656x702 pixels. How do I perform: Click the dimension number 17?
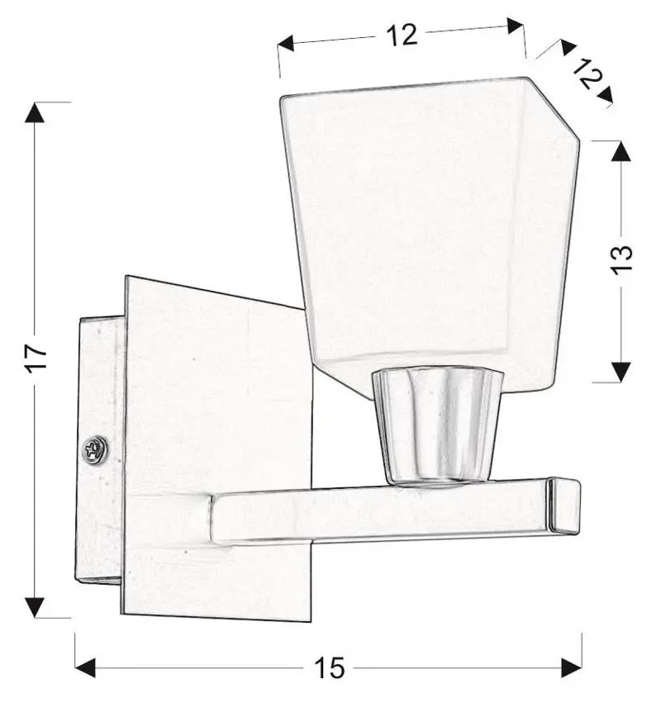click(36, 358)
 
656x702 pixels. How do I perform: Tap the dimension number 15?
click(330, 668)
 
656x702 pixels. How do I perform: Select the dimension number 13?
click(621, 259)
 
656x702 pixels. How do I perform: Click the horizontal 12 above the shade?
click(402, 35)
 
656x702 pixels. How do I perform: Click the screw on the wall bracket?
click(95, 448)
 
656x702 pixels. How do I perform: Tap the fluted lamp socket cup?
click(438, 425)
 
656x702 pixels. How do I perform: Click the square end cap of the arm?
click(563, 505)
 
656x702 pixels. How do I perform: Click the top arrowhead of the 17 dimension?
click(35, 112)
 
